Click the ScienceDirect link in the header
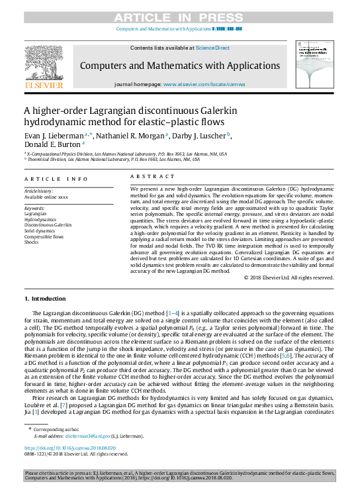[x=213, y=48]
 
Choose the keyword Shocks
[x=32, y=242]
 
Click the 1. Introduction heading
[x=48, y=299]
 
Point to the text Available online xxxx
[x=46, y=197]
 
